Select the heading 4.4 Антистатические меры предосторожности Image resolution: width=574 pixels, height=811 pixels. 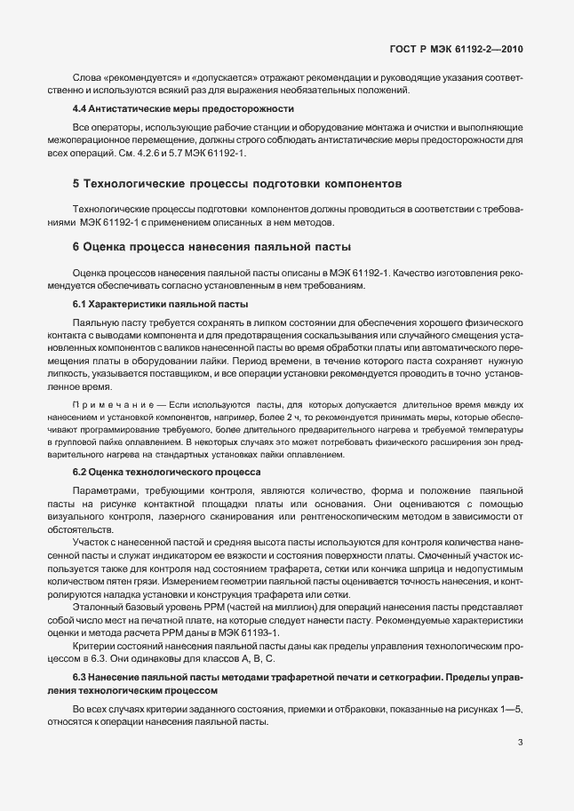[x=183, y=108]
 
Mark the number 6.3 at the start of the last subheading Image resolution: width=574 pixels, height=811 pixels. [x=82, y=679]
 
